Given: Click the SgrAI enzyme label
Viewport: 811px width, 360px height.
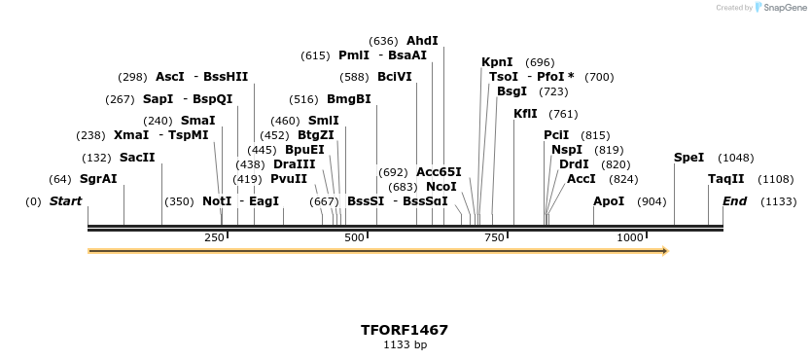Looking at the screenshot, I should click(98, 179).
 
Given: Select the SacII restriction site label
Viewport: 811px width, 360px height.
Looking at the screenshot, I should click(137, 158).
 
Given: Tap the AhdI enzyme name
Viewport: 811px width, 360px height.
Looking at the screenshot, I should click(422, 41).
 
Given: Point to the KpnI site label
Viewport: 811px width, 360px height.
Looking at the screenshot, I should click(497, 62).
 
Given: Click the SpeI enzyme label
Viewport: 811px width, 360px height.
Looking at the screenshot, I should click(688, 158).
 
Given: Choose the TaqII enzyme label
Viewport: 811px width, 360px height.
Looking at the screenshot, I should click(725, 179).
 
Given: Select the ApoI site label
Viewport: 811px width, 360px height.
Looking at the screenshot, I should click(609, 201).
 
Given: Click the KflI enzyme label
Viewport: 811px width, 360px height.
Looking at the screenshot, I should click(525, 114).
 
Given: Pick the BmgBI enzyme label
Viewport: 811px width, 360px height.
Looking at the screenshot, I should click(348, 99).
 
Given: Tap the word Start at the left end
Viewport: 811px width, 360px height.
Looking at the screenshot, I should click(66, 201).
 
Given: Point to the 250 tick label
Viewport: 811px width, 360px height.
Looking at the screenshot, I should click(214, 237).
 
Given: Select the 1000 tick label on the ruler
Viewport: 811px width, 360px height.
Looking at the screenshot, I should click(630, 237).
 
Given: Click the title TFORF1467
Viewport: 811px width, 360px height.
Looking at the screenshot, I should click(405, 330).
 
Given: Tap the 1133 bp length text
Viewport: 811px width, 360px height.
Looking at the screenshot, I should click(405, 344).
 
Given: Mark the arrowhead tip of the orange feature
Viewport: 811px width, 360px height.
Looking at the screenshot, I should click(667, 251).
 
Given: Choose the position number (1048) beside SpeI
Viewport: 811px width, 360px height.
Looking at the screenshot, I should click(735, 158).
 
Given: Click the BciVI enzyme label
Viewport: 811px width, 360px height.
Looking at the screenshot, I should click(395, 77).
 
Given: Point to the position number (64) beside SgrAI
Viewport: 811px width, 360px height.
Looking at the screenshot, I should click(60, 179).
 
